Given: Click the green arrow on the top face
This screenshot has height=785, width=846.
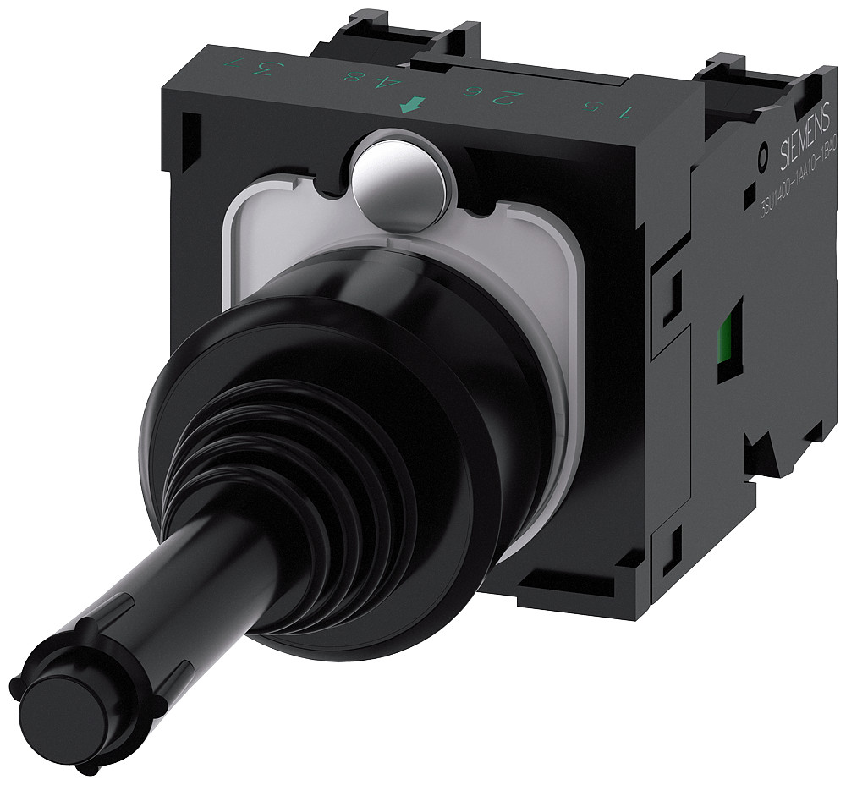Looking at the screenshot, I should [413, 106].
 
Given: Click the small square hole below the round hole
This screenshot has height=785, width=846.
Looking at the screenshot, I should [748, 196].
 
